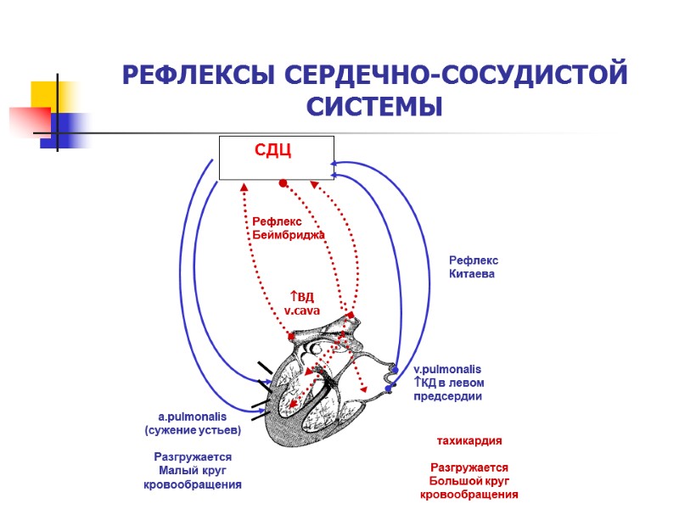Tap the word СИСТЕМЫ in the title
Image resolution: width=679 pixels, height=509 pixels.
(374, 108)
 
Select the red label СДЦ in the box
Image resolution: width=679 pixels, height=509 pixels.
(273, 151)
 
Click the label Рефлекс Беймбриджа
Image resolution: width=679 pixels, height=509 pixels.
(289, 227)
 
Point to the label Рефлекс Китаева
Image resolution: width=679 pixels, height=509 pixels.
(473, 267)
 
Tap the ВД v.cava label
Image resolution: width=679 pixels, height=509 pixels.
(300, 304)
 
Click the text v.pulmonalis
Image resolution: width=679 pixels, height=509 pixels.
(446, 370)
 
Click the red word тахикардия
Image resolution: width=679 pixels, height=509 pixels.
(469, 441)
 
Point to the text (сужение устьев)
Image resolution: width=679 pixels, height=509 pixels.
(193, 430)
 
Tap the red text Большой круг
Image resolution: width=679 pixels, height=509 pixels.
(469, 481)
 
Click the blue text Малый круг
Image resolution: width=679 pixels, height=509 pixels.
(193, 471)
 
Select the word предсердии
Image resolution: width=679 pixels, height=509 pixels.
(448, 396)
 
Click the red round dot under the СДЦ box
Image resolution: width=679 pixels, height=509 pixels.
(283, 183)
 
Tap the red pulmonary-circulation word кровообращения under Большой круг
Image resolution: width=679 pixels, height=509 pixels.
(469, 495)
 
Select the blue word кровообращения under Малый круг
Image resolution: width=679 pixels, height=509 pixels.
(193, 484)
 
